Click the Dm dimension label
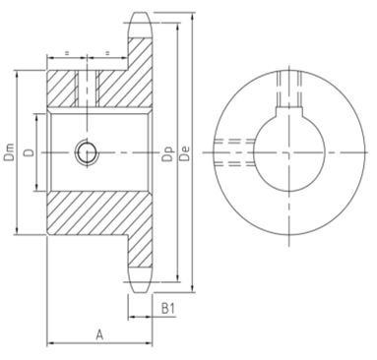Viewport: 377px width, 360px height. pos(9,152)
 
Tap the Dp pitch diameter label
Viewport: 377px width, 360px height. pos(168,153)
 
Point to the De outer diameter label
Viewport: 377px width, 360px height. pos(184,153)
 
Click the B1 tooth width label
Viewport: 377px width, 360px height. pos(168,309)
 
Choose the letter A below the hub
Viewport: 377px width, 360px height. pos(98,333)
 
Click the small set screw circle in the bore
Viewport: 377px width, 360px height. pos(87,151)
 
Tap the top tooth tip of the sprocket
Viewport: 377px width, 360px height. pos(137,16)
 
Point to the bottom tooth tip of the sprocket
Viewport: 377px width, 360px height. pos(137,288)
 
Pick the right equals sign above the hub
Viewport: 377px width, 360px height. pos(104,51)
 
